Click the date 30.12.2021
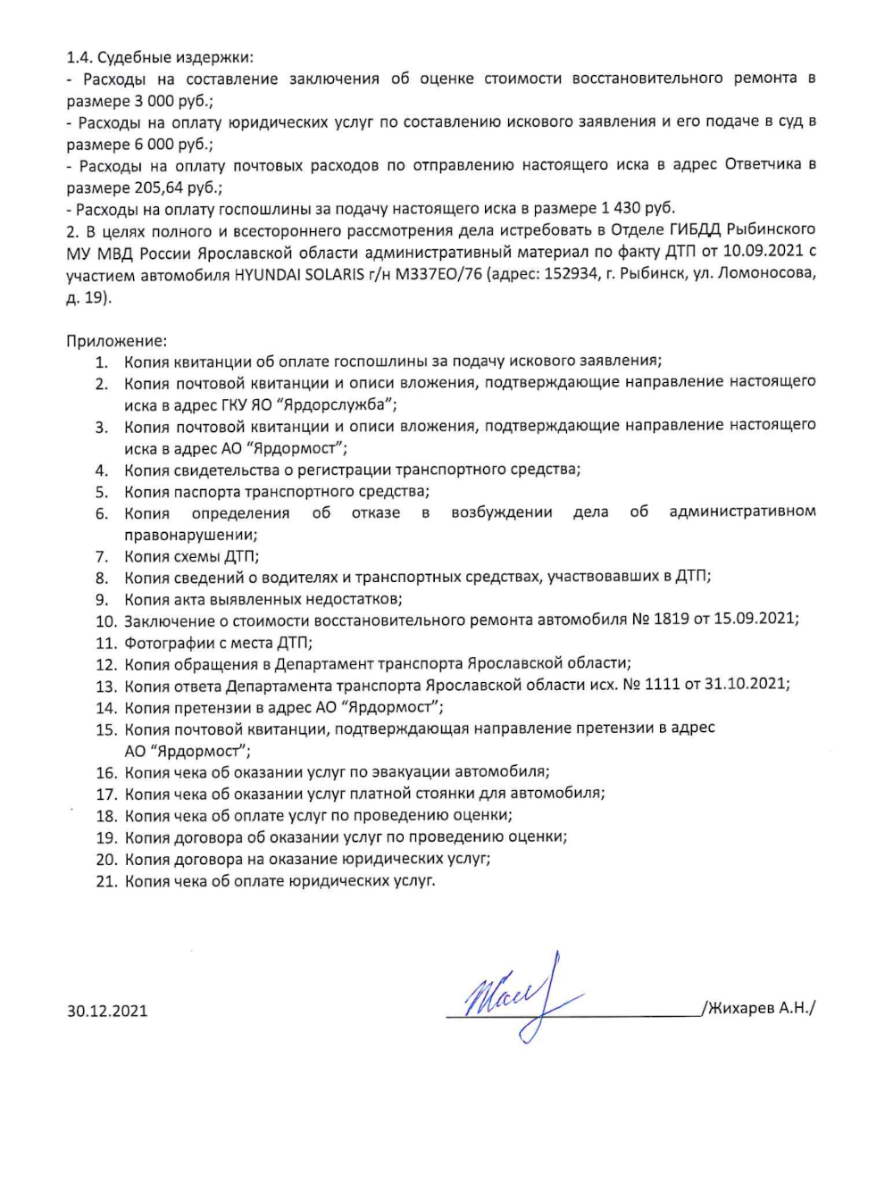(107, 1011)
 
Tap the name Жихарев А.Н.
(759, 1008)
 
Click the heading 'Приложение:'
(116, 340)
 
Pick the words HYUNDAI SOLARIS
(293, 275)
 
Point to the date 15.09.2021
(755, 620)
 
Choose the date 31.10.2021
(746, 685)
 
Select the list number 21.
(106, 881)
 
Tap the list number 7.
(102, 556)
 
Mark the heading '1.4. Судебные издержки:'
(161, 57)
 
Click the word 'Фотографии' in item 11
(167, 642)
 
